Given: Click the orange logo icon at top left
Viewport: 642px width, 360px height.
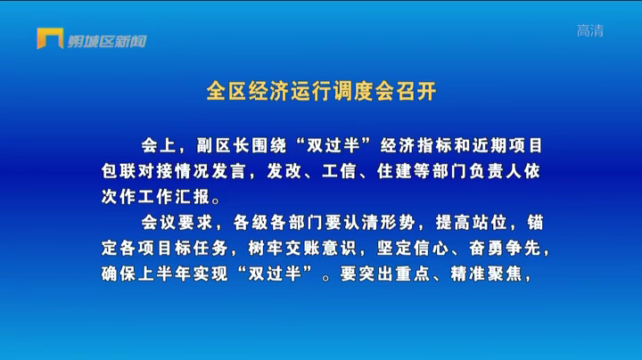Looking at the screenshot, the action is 50,38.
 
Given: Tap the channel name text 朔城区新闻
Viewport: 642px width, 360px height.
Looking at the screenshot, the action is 107,41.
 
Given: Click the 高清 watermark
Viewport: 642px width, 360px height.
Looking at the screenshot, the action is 590,30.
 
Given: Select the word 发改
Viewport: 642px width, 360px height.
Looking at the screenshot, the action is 284,171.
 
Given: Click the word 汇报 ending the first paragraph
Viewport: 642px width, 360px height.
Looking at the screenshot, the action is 193,197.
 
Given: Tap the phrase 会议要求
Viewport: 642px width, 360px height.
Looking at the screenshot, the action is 177,223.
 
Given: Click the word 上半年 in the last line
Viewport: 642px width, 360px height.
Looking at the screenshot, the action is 165,274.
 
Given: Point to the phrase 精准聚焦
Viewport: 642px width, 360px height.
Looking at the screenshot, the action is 486,274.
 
